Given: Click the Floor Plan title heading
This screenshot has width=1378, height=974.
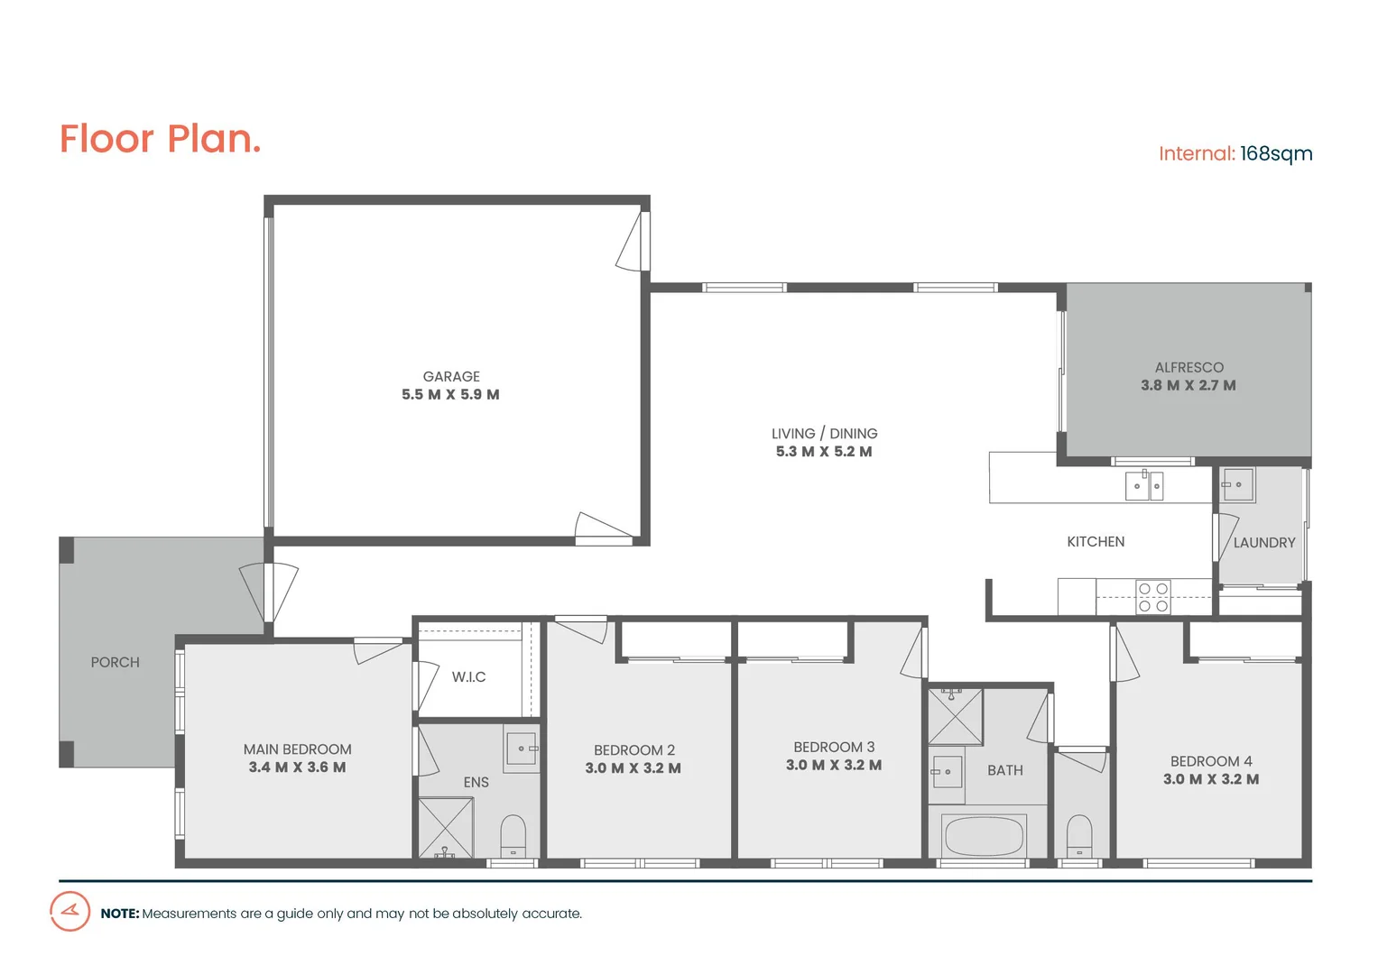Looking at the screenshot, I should tap(160, 139).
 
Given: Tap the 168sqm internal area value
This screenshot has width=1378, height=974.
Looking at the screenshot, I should tap(1275, 153).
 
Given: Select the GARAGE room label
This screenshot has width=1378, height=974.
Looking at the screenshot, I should tap(451, 376).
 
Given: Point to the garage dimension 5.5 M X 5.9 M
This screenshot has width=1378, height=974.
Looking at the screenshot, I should tap(450, 395).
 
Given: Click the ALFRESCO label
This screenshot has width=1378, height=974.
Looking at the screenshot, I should tap(1188, 367).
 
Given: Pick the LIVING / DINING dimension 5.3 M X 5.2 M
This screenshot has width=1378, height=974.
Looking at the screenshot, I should tap(823, 452).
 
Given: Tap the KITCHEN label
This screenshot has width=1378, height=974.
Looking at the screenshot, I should tap(1096, 541).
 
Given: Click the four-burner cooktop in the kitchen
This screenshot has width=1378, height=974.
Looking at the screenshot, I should tap(1152, 597).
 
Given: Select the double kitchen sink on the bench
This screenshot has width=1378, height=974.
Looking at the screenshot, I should tap(1144, 485).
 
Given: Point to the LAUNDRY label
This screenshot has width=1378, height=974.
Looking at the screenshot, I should tap(1263, 542).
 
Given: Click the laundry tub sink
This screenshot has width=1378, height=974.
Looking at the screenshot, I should tap(1237, 484).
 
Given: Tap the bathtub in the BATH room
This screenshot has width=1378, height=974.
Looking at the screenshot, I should tap(984, 836).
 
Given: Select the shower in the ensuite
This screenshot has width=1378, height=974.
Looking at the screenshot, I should tap(445, 828).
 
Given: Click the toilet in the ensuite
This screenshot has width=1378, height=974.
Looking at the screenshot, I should tap(513, 836).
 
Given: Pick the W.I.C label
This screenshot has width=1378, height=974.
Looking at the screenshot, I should tap(468, 676).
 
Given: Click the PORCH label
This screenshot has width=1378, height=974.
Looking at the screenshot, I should tap(116, 662).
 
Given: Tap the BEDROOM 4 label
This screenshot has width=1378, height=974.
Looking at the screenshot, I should tap(1210, 761).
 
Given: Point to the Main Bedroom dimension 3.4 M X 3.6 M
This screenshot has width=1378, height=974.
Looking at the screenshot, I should tap(297, 767).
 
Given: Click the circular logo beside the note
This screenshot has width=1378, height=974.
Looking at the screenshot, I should tap(69, 911).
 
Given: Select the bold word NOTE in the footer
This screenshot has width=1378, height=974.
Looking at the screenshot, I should tap(119, 914).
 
